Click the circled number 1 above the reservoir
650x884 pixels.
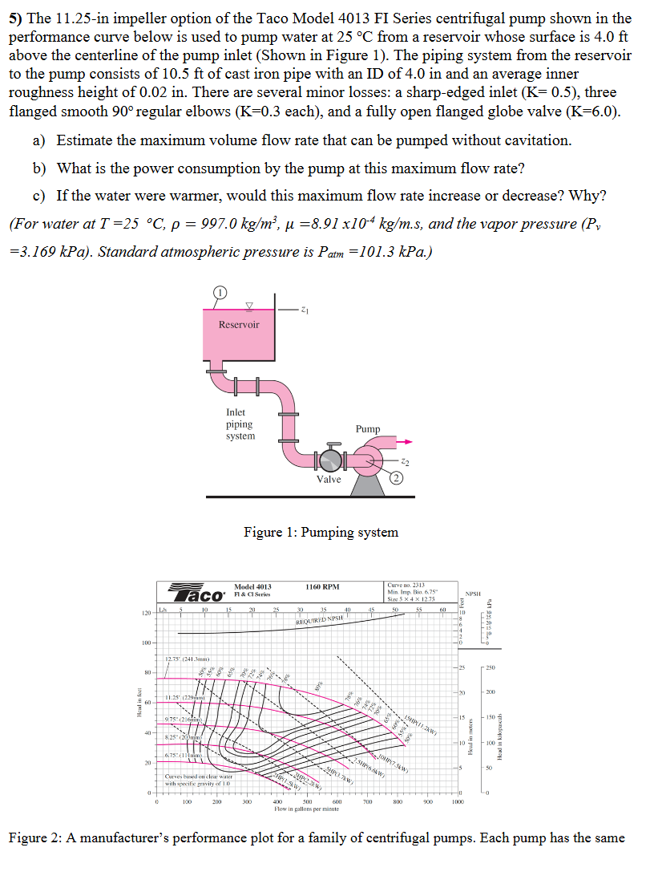click(x=220, y=294)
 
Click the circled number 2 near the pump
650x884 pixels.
click(x=396, y=479)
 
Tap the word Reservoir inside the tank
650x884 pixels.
click(x=239, y=325)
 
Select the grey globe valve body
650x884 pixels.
click(x=328, y=460)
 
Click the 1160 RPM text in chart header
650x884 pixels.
click(x=323, y=587)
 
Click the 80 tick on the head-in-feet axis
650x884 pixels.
click(x=147, y=672)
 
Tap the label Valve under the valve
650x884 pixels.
click(x=329, y=480)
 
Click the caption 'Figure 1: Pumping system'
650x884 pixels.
click(x=321, y=532)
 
